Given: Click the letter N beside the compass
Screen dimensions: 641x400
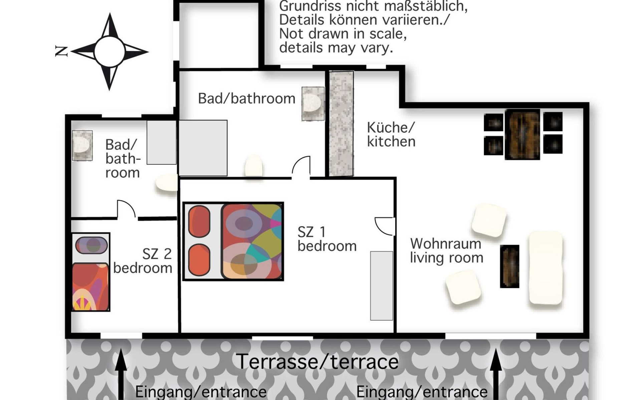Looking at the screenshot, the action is pyautogui.click(x=61, y=51).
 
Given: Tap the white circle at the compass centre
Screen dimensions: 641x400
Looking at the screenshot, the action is pyautogui.click(x=110, y=52).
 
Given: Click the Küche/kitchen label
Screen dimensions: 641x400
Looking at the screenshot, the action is pyautogui.click(x=391, y=134).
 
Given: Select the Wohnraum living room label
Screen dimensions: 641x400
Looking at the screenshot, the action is pyautogui.click(x=446, y=251).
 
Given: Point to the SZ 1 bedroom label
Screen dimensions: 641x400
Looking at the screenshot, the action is pyautogui.click(x=327, y=239).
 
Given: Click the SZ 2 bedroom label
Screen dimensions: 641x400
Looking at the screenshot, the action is pyautogui.click(x=143, y=261).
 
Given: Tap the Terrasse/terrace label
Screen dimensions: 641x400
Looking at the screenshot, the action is pyautogui.click(x=317, y=362).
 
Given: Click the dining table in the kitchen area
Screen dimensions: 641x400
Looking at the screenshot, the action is pyautogui.click(x=522, y=135).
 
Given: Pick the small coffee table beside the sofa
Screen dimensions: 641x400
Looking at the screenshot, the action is pyautogui.click(x=509, y=266).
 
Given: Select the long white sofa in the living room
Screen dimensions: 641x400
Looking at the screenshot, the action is pyautogui.click(x=546, y=268).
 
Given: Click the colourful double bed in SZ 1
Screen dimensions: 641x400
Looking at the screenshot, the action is pyautogui.click(x=233, y=241).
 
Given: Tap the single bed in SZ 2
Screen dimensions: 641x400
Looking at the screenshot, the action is pyautogui.click(x=91, y=272).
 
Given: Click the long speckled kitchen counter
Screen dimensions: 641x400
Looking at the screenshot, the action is pyautogui.click(x=341, y=124).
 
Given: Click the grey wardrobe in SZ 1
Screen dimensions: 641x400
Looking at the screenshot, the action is pyautogui.click(x=382, y=286).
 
